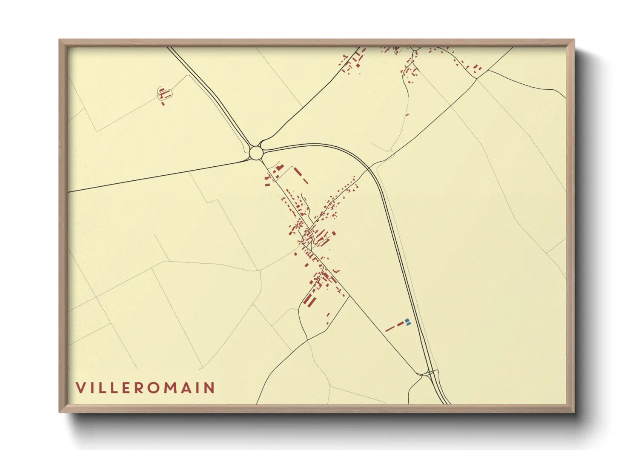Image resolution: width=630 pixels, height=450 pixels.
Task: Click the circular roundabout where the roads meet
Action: point(256,153)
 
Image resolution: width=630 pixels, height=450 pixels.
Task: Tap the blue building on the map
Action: point(407,322)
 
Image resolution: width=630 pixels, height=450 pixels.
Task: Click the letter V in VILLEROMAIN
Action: point(80,388)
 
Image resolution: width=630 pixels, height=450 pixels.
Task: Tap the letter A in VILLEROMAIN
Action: point(186,388)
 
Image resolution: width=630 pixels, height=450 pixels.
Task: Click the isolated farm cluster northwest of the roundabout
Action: point(164,94)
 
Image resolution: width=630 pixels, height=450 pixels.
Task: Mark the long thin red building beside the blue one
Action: point(390,328)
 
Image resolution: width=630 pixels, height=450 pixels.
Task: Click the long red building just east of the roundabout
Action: point(298,172)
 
